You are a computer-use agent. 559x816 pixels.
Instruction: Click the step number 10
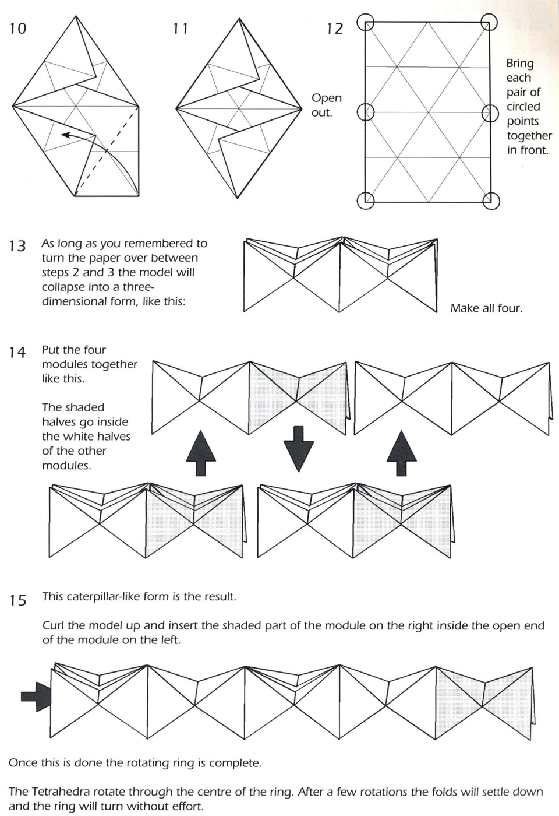[18, 28]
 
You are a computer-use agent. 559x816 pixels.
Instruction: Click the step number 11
[181, 28]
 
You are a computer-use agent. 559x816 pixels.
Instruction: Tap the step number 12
[335, 28]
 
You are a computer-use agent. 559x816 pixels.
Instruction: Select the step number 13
[18, 246]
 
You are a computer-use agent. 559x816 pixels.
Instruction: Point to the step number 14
[18, 352]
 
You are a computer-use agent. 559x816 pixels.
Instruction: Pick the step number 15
[18, 600]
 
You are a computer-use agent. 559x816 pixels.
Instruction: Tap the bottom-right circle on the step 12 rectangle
[491, 201]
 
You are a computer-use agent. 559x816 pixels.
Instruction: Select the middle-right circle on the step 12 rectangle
[491, 112]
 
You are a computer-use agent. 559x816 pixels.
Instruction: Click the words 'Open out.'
[326, 105]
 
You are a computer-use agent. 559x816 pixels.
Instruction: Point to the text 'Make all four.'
[486, 308]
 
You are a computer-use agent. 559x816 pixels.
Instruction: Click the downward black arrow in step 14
[299, 448]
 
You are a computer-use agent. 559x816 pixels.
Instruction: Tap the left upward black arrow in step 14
[201, 453]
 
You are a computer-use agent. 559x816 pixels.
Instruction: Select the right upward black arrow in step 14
[402, 453]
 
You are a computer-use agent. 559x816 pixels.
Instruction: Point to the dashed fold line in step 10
[107, 152]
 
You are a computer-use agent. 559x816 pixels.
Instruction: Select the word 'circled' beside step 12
[523, 107]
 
